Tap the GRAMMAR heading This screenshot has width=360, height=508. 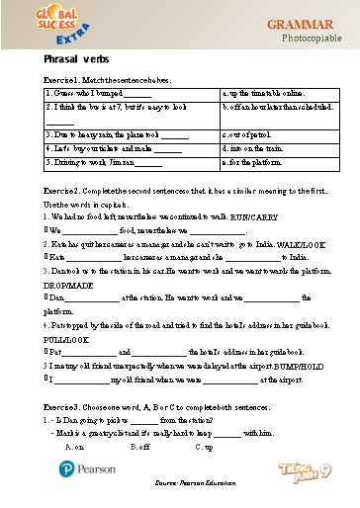tap(302, 22)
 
